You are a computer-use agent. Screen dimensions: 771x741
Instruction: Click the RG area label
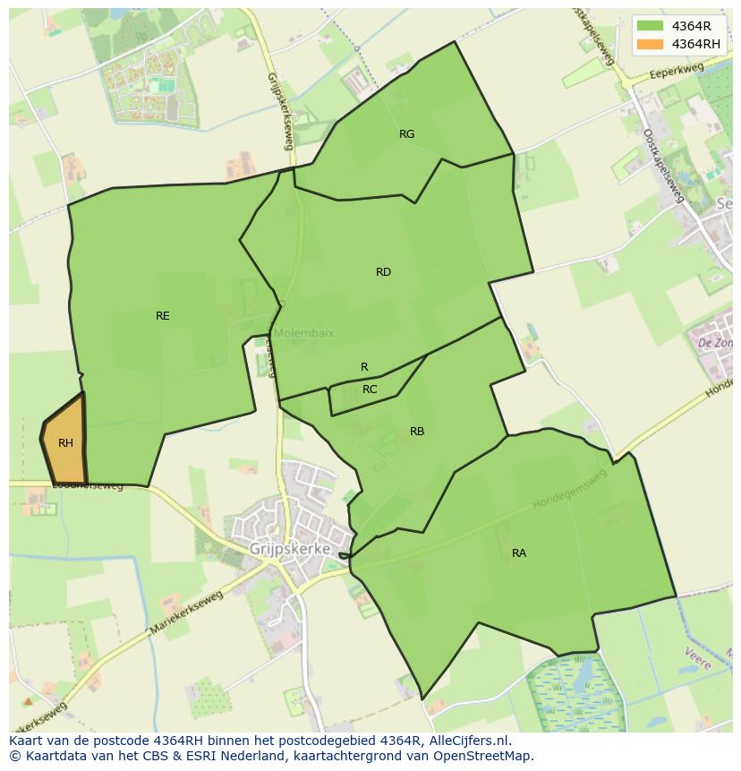coord(406,134)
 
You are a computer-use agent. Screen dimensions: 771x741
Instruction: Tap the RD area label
coord(383,272)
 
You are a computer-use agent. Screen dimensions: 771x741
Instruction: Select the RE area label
coord(162,316)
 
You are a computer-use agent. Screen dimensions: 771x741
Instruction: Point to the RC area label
coord(370,390)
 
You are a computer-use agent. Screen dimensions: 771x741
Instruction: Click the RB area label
coord(417,432)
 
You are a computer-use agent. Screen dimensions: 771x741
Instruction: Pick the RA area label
coord(519,553)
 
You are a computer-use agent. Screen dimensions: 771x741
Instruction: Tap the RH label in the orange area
coord(65,443)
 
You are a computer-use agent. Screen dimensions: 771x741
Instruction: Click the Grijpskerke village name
coord(290,549)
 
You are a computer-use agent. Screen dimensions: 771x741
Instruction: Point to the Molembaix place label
coord(303,333)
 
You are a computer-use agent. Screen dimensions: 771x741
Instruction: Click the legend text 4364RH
coord(696,44)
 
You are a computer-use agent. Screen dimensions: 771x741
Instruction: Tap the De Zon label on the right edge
coord(715,343)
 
